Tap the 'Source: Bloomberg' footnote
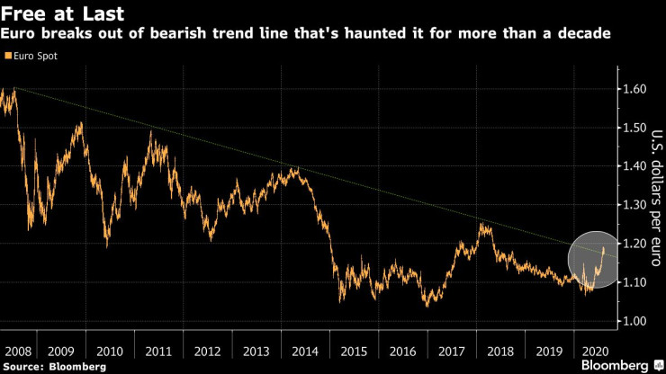[56, 367]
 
